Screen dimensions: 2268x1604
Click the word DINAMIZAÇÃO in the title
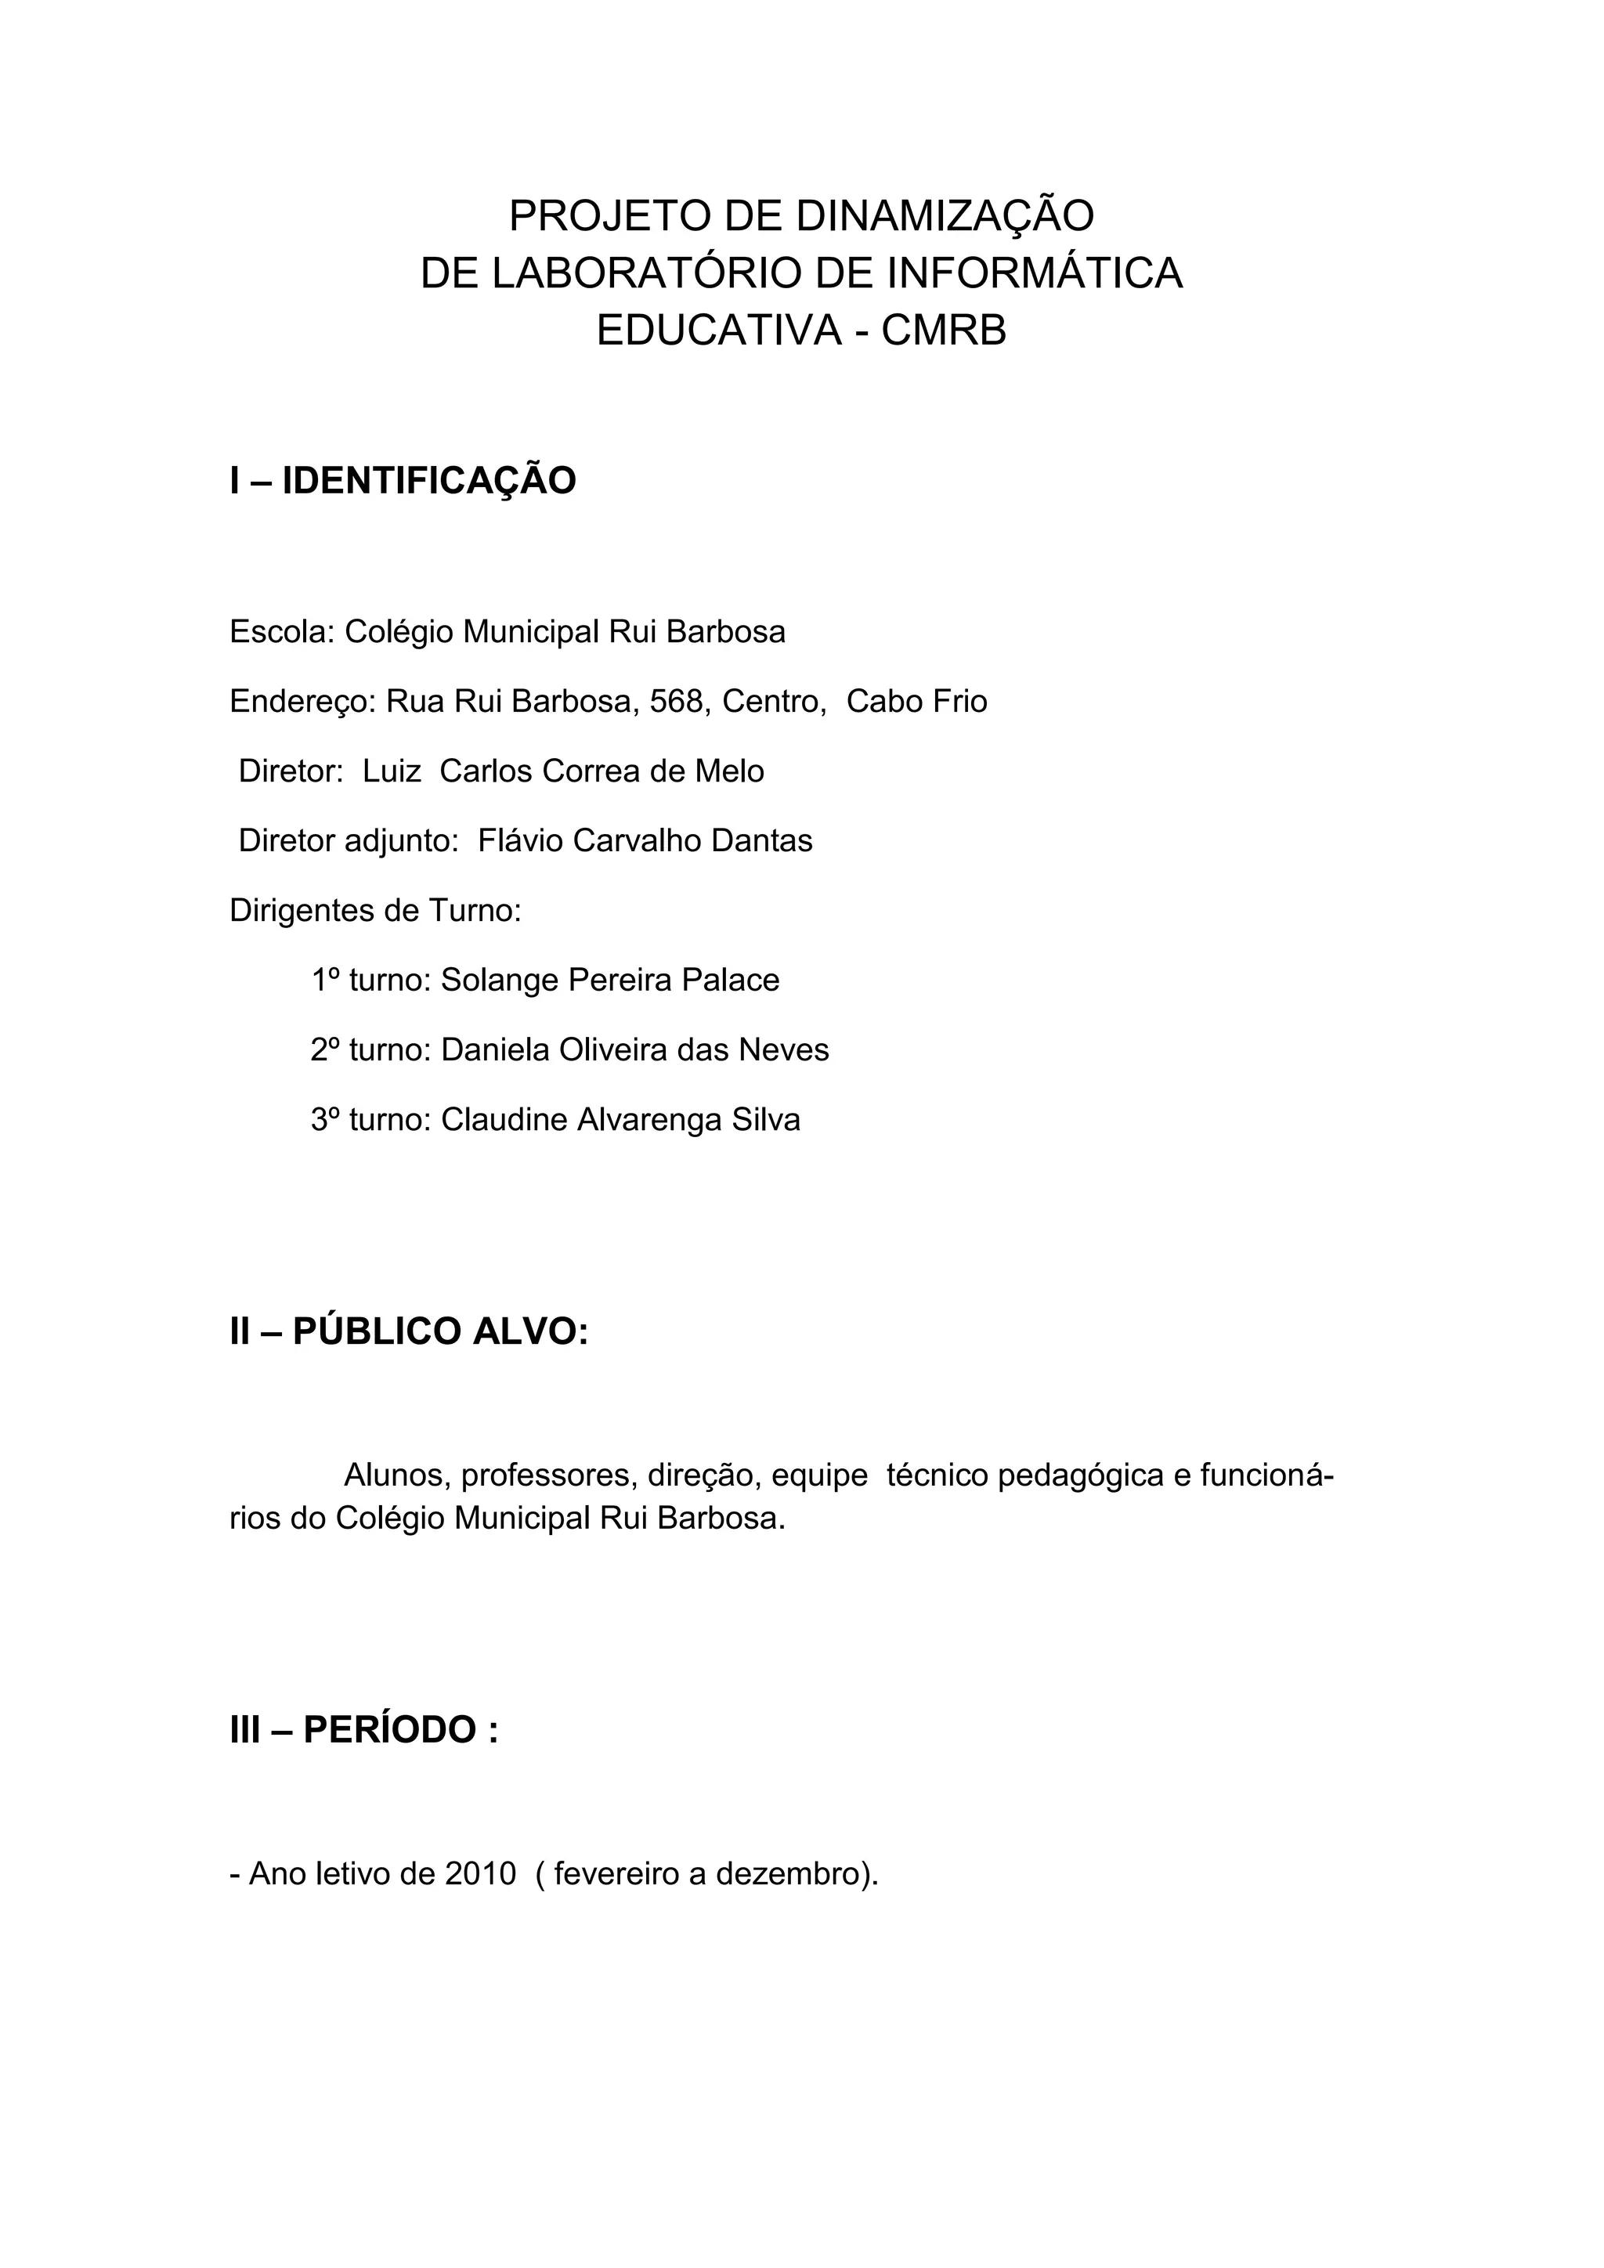945,216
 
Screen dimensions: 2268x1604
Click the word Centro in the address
772,702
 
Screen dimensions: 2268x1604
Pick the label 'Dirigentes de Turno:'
375,910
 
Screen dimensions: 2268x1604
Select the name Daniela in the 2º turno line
495,1049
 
